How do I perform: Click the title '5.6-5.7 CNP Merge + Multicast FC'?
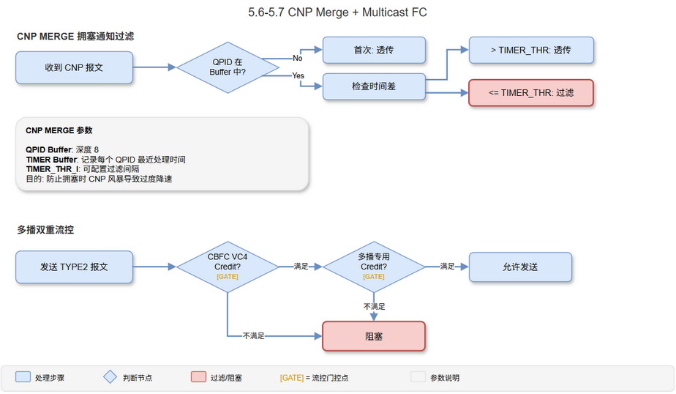(337, 12)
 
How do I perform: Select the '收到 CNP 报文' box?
(74, 67)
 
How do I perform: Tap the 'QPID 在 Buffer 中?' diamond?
(228, 67)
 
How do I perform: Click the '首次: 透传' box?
(374, 51)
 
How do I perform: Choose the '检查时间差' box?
(374, 86)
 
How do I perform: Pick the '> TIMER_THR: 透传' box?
(531, 51)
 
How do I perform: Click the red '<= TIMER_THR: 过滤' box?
(531, 93)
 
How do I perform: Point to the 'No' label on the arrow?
(298, 58)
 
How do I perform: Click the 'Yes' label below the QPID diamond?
(298, 76)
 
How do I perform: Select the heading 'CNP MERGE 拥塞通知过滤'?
(75, 36)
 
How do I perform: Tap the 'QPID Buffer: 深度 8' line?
(62, 150)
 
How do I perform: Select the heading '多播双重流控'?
(45, 229)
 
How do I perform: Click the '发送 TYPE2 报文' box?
(74, 267)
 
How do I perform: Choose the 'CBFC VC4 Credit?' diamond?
(228, 267)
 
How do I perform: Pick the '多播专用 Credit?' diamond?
(374, 267)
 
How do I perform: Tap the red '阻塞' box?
(374, 336)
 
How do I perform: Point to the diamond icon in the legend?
(110, 377)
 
